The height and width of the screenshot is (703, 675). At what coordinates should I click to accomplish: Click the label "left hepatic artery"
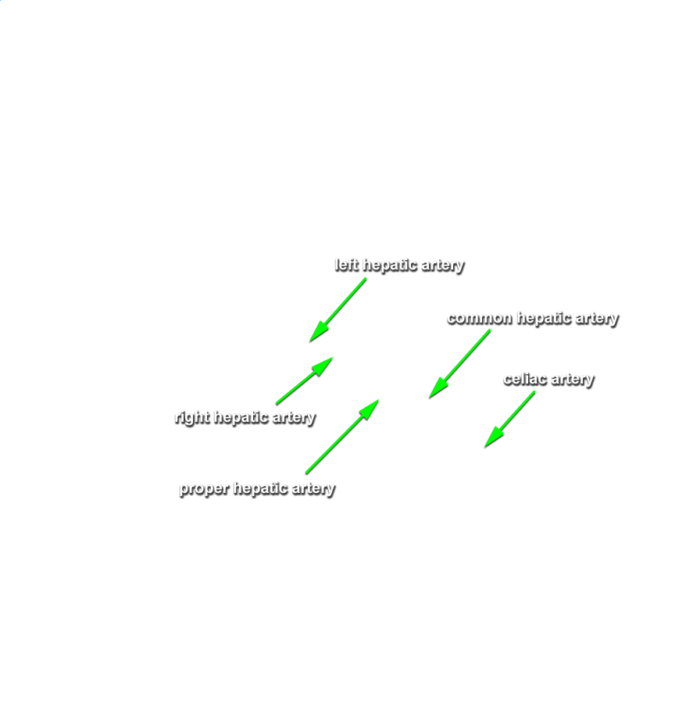tap(399, 266)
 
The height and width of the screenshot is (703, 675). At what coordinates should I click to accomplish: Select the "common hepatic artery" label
tap(533, 319)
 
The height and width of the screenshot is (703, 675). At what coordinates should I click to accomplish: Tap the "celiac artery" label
tap(548, 380)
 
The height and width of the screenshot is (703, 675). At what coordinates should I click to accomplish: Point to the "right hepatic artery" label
tap(245, 417)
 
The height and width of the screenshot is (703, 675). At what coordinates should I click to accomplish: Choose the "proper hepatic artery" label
tap(257, 488)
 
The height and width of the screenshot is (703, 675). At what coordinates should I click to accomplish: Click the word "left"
tap(347, 265)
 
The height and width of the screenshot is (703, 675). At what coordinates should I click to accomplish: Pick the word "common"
tap(480, 319)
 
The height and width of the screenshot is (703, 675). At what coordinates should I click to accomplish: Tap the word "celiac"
tap(525, 379)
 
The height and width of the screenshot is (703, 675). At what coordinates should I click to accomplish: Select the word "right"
tap(192, 417)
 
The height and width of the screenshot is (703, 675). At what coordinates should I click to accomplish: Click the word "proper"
tap(205, 489)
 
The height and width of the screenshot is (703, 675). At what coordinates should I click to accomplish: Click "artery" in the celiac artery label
tap(573, 380)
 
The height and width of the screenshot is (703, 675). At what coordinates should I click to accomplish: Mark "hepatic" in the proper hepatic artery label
tap(261, 487)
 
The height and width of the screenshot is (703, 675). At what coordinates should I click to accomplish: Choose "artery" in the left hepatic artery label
tap(443, 266)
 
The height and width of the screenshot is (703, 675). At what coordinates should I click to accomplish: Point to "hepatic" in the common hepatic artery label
tap(544, 318)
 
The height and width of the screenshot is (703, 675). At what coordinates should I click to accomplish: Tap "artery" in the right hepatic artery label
tap(295, 418)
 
